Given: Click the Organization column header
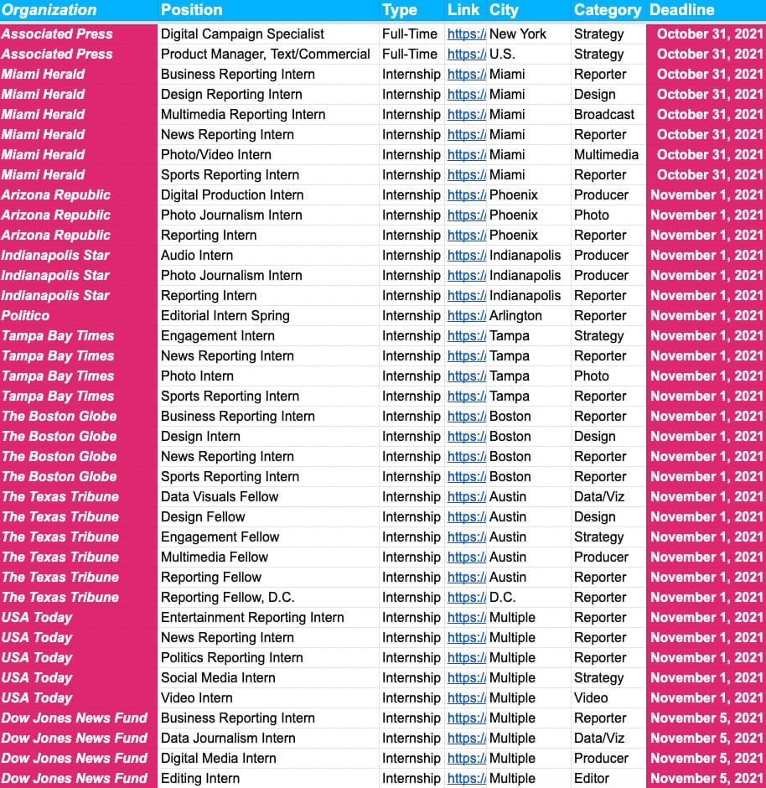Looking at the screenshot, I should [49, 10].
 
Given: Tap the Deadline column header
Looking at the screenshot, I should [681, 10].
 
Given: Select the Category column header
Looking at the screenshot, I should [607, 10].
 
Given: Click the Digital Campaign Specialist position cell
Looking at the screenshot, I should [242, 34].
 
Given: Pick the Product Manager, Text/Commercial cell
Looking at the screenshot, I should [265, 54].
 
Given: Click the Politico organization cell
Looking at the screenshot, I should [25, 315].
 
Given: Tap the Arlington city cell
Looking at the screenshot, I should [515, 315].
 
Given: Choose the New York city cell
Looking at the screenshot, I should [517, 34].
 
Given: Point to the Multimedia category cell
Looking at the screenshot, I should [606, 154].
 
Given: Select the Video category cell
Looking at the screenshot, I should [592, 697].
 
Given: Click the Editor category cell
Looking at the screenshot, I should [592, 778].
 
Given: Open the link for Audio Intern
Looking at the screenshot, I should [466, 255].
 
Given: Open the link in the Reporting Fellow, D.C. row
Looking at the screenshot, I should [466, 597].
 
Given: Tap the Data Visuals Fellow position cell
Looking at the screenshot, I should [219, 496].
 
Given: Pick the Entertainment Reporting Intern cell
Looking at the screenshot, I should [252, 617].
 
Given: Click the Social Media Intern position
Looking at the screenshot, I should [218, 677].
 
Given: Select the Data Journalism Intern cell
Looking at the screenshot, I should [228, 738].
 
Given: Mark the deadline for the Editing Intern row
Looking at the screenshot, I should [706, 778].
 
